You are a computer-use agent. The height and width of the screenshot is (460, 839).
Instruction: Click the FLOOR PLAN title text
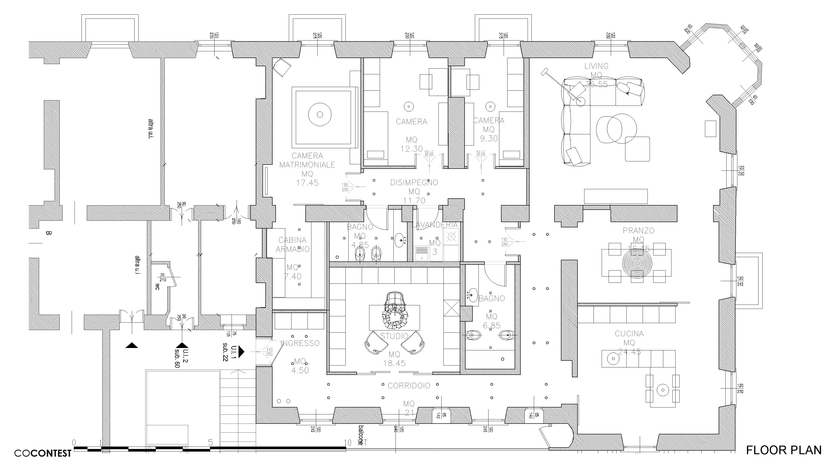click(x=784, y=450)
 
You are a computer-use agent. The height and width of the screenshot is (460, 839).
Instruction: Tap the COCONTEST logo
click(x=43, y=453)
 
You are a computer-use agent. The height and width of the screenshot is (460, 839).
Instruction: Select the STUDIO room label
click(x=394, y=336)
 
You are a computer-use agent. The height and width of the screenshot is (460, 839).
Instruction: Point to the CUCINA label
click(x=629, y=334)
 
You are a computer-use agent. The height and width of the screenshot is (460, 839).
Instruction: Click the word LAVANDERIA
click(x=435, y=225)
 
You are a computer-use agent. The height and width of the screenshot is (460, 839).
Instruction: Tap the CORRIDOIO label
click(x=409, y=386)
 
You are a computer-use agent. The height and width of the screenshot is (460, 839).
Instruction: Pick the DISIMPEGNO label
click(x=414, y=183)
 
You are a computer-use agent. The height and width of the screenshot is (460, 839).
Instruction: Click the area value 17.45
click(x=307, y=183)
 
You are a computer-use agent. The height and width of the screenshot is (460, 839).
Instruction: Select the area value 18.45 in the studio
click(x=394, y=363)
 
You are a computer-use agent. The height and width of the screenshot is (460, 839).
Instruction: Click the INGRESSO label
click(x=300, y=343)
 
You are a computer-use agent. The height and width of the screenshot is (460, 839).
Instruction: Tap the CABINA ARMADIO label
click(x=292, y=245)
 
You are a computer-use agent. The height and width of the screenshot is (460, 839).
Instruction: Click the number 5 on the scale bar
click(x=210, y=442)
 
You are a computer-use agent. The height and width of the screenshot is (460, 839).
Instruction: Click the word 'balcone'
click(x=361, y=435)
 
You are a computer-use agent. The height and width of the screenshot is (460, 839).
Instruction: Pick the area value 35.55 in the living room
click(x=596, y=84)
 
